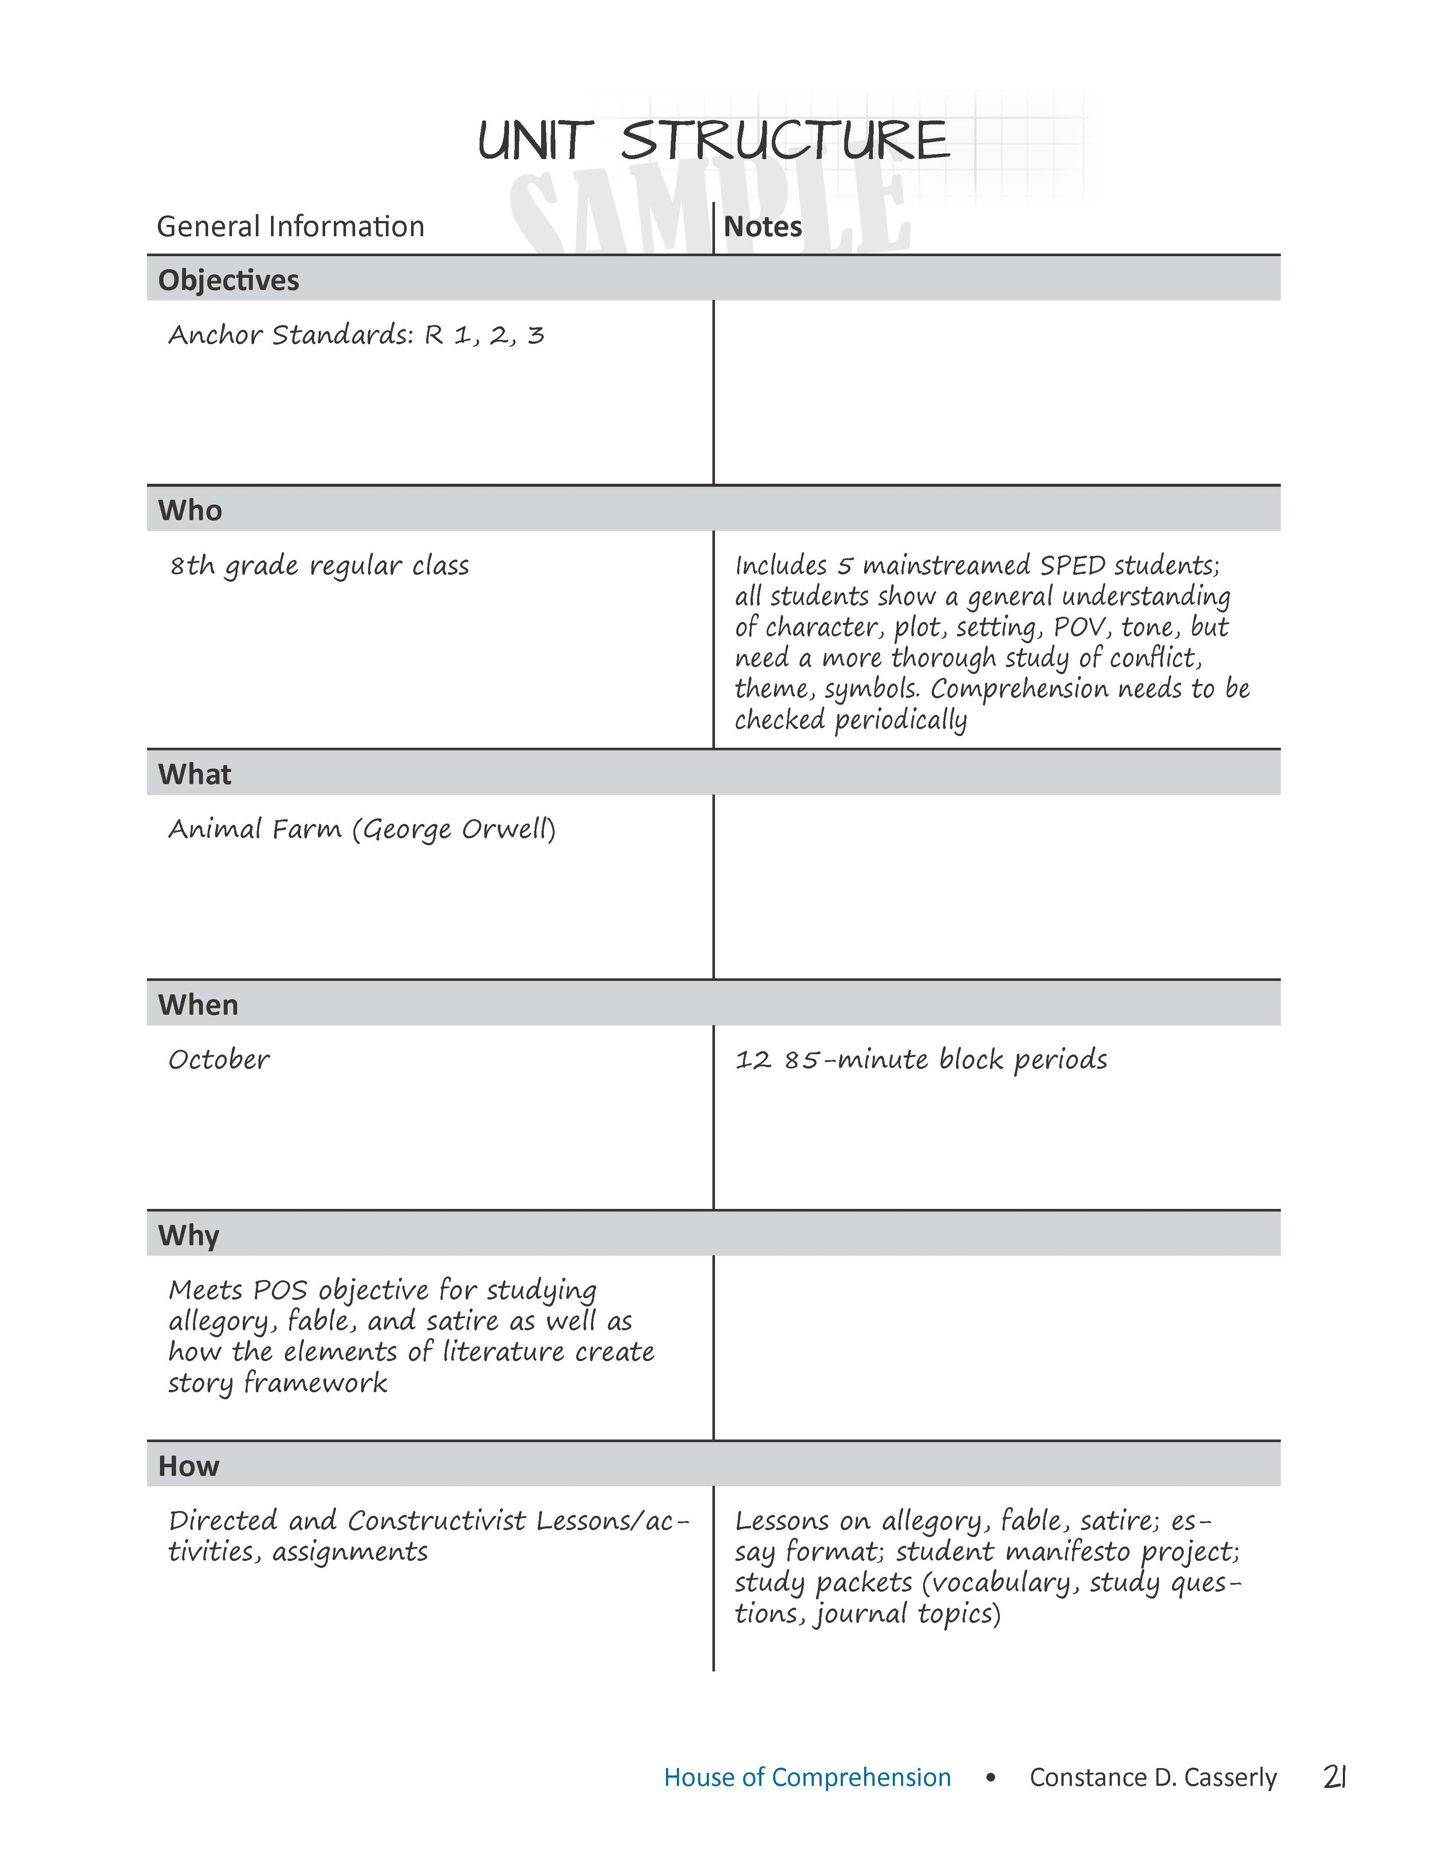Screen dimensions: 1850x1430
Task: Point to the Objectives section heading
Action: [229, 280]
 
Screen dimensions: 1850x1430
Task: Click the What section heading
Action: [195, 774]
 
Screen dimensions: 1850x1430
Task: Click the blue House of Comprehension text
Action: [807, 1777]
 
